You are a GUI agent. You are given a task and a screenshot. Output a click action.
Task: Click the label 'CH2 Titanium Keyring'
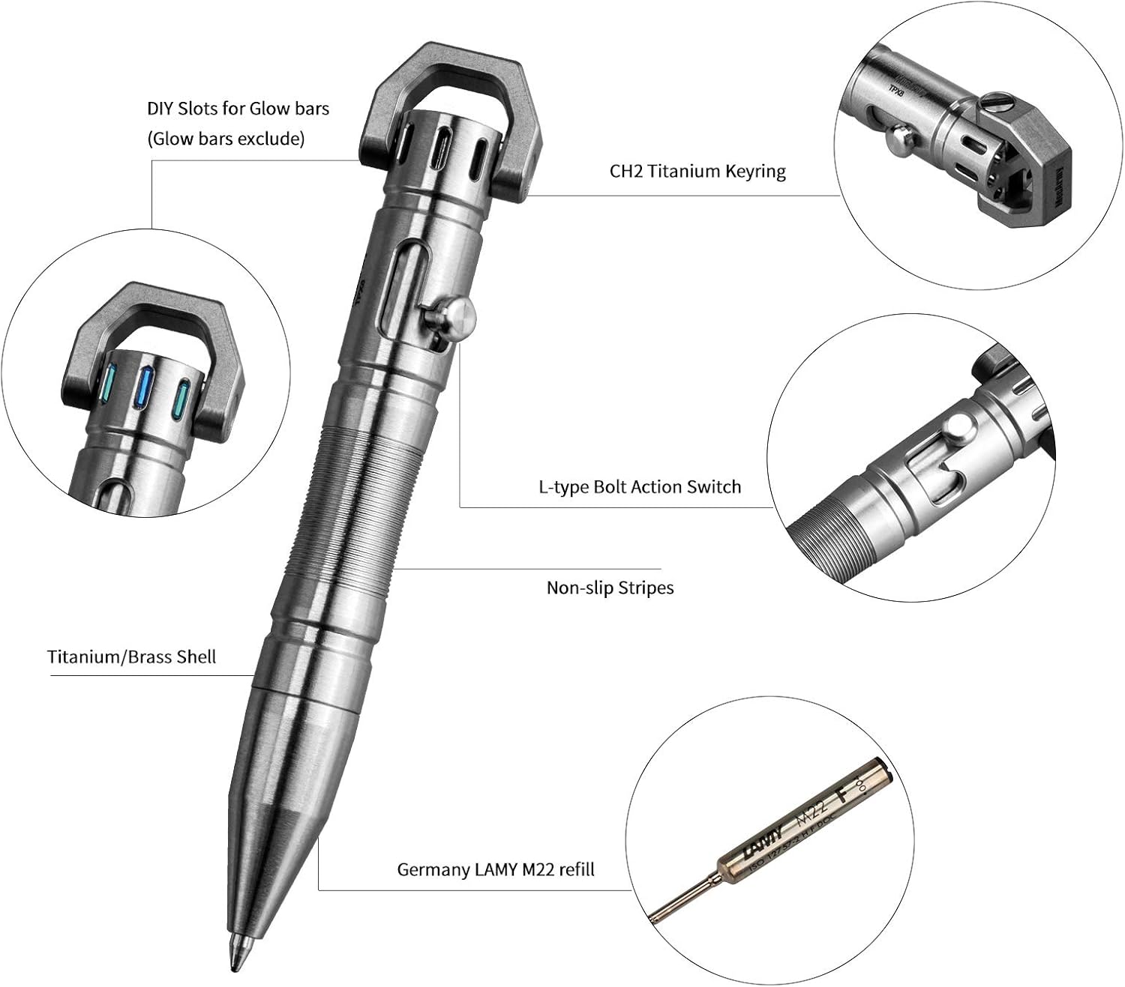point(697,172)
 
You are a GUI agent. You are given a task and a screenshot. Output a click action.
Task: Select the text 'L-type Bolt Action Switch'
point(639,487)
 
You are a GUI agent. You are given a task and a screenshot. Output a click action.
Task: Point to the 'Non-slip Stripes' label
point(609,588)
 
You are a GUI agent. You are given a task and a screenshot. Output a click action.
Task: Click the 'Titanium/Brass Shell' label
point(131,657)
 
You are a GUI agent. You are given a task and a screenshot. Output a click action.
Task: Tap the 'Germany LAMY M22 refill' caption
point(495,869)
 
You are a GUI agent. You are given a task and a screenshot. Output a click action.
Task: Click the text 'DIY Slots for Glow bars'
point(238,109)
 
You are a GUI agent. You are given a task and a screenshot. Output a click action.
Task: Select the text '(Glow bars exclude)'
point(226,139)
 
